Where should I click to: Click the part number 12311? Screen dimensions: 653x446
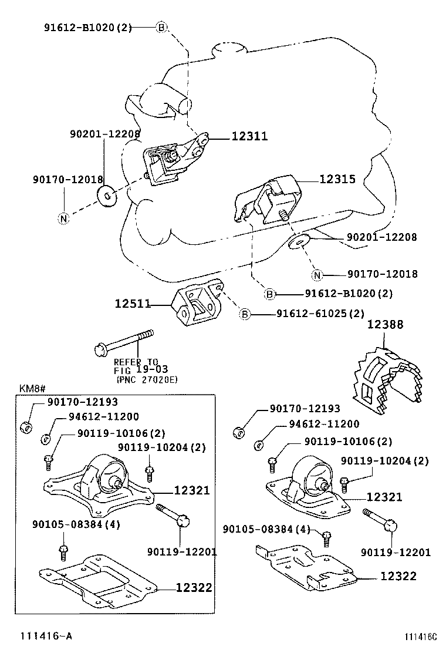pos(249,136)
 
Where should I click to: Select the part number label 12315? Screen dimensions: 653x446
pos(337,180)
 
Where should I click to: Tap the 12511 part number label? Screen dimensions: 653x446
pos(133,304)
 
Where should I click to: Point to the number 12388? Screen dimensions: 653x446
pos(386,324)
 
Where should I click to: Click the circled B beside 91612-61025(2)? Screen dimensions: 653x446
pos(245,315)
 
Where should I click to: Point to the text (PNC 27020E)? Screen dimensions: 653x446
pos(147,379)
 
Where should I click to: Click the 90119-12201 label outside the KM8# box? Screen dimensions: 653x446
pos(396,552)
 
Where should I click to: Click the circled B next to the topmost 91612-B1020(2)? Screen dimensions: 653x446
pos(162,27)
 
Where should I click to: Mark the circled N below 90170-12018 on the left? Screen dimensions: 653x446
pos(64,218)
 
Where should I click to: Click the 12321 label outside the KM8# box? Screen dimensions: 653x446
pos(385,497)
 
